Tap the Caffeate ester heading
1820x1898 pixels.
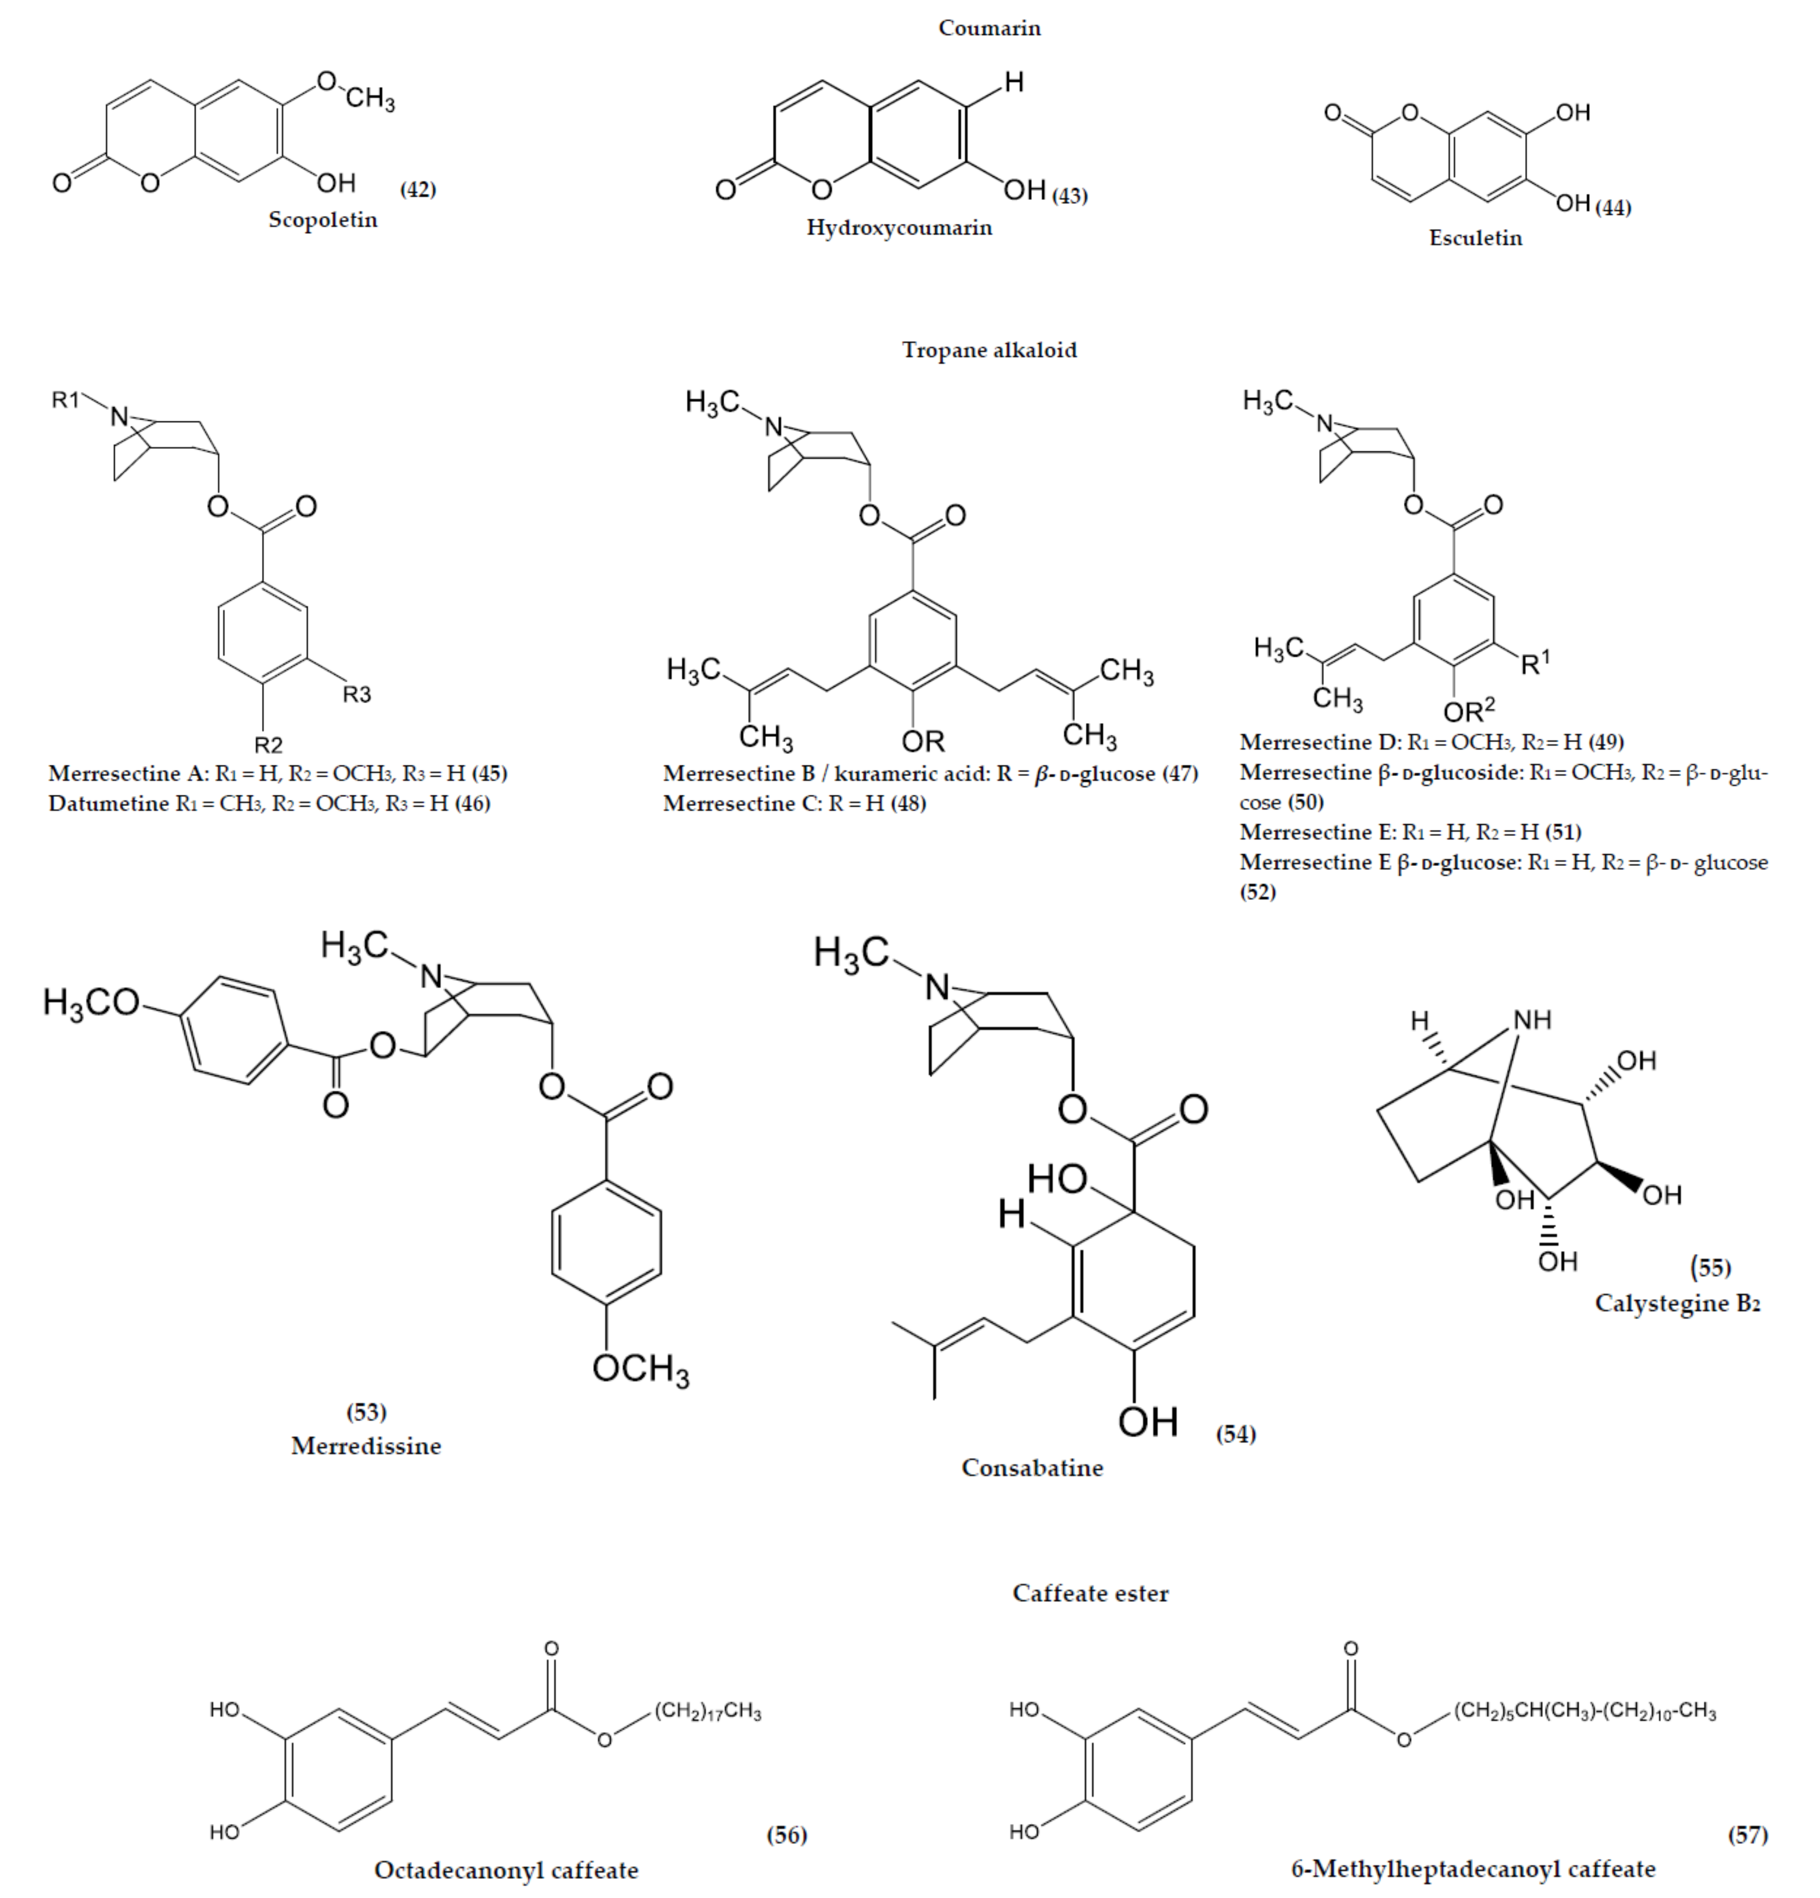coord(1090,1593)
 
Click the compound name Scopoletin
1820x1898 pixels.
coord(322,220)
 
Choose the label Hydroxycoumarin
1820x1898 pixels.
coord(899,228)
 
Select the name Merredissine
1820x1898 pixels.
coord(366,1446)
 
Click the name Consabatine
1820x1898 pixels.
coord(1032,1467)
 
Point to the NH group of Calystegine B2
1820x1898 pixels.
coord(1531,1020)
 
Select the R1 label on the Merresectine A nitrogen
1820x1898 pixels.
coord(66,399)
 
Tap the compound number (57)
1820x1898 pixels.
coord(1748,1834)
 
